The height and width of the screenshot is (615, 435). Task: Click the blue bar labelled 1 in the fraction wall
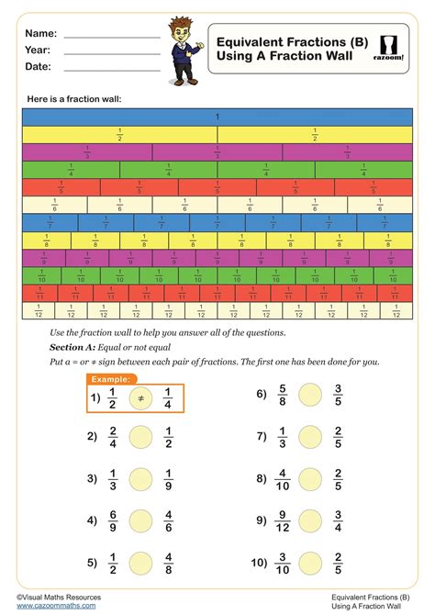tap(217, 117)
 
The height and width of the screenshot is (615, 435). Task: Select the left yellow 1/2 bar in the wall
tap(119, 134)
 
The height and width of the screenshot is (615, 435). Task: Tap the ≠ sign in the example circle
tap(140, 397)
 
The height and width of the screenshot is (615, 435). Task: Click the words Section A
tap(75, 348)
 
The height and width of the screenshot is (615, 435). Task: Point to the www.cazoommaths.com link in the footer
tap(56, 606)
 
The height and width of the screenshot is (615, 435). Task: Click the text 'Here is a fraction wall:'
tap(74, 99)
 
